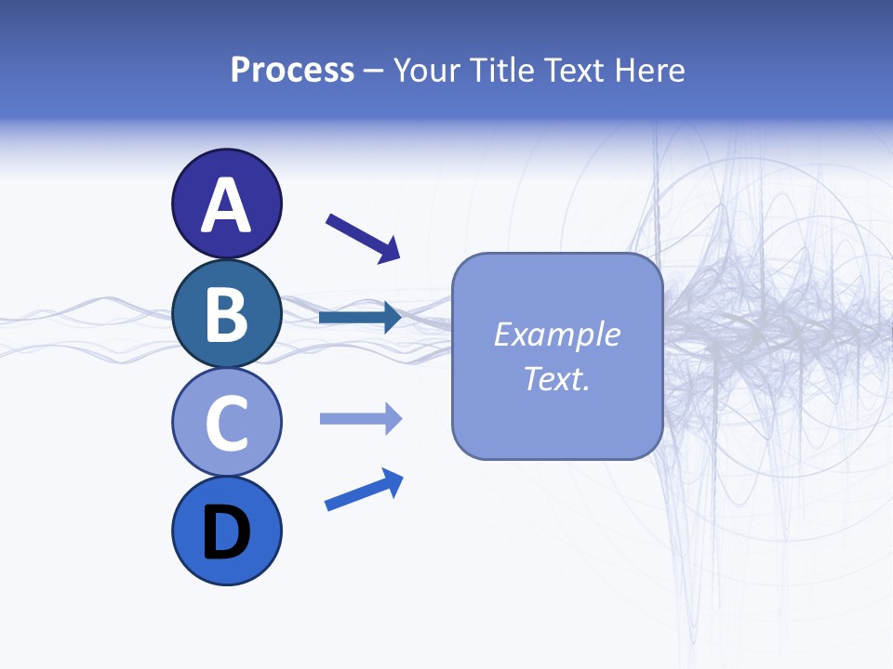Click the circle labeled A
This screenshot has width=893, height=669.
click(227, 203)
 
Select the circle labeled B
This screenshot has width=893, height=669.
click(227, 313)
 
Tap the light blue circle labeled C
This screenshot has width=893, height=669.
click(227, 423)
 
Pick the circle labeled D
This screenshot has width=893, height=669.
click(227, 531)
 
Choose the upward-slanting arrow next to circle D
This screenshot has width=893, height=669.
click(364, 491)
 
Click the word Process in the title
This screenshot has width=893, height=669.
click(292, 71)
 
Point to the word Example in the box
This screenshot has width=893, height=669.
click(557, 334)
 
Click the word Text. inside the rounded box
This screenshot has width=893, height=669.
click(557, 378)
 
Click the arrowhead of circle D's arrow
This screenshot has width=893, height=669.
click(393, 481)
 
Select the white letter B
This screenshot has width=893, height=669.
click(227, 314)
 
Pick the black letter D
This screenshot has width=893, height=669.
click(227, 532)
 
